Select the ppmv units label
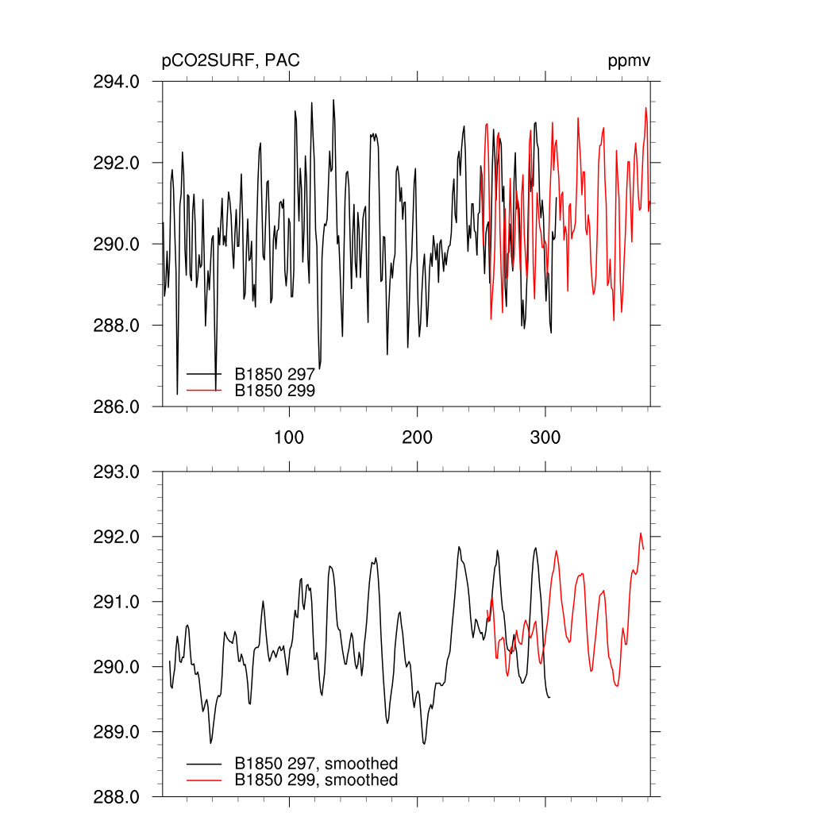(x=630, y=62)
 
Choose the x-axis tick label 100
(x=289, y=437)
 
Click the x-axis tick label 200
(x=417, y=437)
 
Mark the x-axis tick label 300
(x=545, y=437)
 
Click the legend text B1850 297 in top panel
(x=275, y=373)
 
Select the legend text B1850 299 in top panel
(x=275, y=391)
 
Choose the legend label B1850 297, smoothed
(x=316, y=764)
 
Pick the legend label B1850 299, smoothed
(x=316, y=780)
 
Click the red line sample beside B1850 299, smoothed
(x=203, y=780)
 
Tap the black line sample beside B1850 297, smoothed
(x=203, y=764)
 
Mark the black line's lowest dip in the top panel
(x=177, y=393)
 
